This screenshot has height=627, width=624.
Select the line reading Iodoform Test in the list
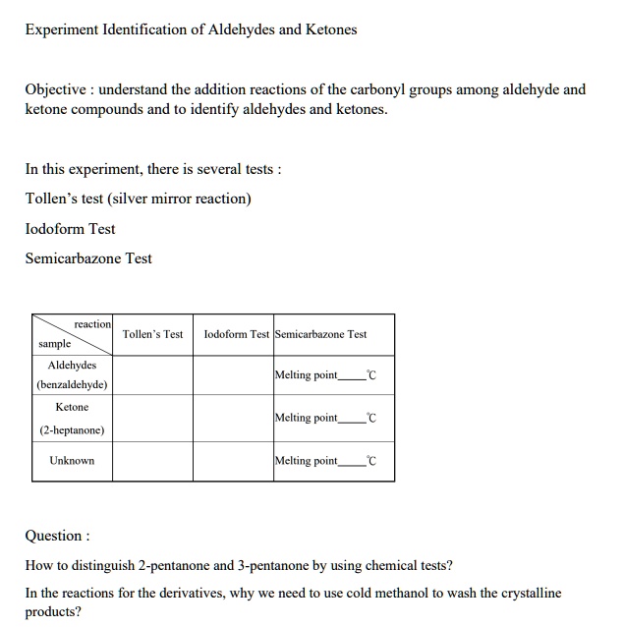70,229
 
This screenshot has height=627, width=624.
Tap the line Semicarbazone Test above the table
88,258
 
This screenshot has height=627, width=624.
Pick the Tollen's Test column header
152,334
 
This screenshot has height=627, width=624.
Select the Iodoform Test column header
236,334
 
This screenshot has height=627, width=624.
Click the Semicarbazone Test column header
320,334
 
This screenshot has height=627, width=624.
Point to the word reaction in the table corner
92,324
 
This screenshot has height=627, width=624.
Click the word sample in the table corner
54,345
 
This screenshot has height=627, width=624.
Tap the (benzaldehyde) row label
72,384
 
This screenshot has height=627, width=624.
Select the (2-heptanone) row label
72,429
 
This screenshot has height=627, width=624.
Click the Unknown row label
72,460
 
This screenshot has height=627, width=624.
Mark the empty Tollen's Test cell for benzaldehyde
152,375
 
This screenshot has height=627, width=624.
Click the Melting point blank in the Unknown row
351,462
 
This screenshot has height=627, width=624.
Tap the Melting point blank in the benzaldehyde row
351,376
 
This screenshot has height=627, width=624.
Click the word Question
55,536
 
